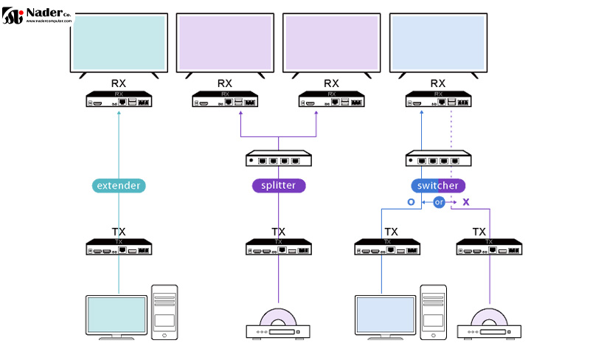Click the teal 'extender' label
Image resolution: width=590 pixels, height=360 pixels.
pyautogui.click(x=119, y=185)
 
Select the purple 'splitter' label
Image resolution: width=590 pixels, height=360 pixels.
pyautogui.click(x=278, y=185)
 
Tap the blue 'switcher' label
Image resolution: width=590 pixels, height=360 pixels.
pyautogui.click(x=438, y=185)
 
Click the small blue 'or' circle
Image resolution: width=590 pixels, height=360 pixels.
pyautogui.click(x=439, y=202)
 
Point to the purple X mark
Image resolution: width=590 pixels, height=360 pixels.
pyautogui.click(x=465, y=202)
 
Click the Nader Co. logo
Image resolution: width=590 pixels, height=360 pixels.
pyautogui.click(x=37, y=15)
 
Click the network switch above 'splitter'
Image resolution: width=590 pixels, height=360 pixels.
pyautogui.click(x=278, y=158)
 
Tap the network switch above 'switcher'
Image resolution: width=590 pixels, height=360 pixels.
pyautogui.click(x=438, y=158)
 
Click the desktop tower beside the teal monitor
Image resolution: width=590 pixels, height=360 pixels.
pyautogui.click(x=164, y=311)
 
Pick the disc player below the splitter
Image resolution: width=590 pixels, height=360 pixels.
pyautogui.click(x=278, y=325)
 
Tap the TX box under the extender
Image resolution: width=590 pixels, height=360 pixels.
pyautogui.click(x=119, y=247)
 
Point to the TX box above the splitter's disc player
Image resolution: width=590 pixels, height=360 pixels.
pyautogui.click(x=278, y=247)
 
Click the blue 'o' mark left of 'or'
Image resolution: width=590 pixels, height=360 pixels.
pyautogui.click(x=412, y=202)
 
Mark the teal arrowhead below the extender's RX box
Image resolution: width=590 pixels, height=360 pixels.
pyautogui.click(x=119, y=113)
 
